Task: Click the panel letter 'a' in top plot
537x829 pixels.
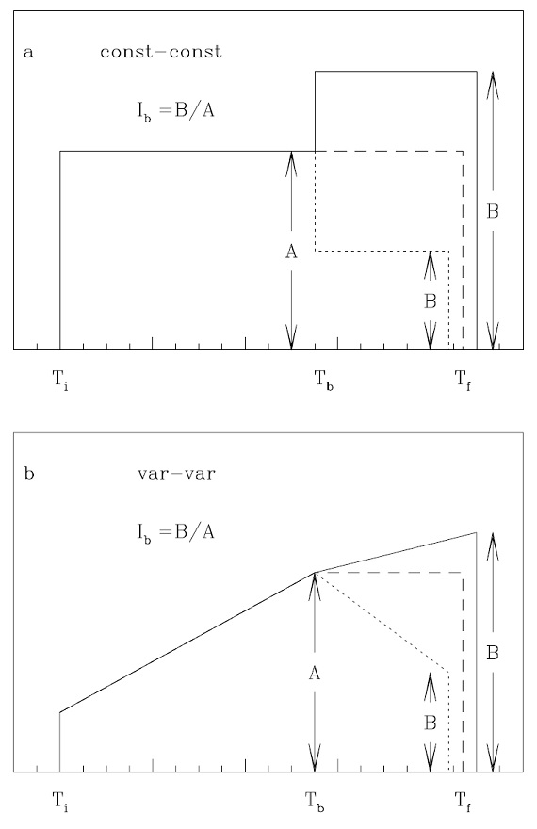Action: pyautogui.click(x=28, y=53)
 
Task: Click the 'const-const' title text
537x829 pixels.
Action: pyautogui.click(x=161, y=52)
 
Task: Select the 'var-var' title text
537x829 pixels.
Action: pyautogui.click(x=176, y=473)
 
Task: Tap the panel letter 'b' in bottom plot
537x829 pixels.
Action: pyautogui.click(x=29, y=472)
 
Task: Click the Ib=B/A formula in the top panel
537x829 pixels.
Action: pyautogui.click(x=175, y=111)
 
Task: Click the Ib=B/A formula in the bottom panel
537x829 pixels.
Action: pyautogui.click(x=175, y=532)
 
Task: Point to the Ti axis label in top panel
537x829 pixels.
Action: pyautogui.click(x=60, y=381)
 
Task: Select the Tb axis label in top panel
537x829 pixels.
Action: pyautogui.click(x=324, y=381)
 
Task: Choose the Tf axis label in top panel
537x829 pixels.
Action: pyautogui.click(x=463, y=381)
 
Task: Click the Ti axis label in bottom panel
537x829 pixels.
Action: pyautogui.click(x=60, y=802)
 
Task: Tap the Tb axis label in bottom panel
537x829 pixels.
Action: pyautogui.click(x=315, y=802)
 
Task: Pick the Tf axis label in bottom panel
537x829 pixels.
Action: pyautogui.click(x=463, y=802)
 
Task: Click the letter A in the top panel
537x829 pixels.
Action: pyautogui.click(x=291, y=252)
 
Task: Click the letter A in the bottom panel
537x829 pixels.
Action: pyautogui.click(x=315, y=674)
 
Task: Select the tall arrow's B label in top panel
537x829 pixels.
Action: pyautogui.click(x=493, y=211)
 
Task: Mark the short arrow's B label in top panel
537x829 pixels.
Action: pyautogui.click(x=431, y=301)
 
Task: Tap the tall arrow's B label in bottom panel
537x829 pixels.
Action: pyautogui.click(x=493, y=653)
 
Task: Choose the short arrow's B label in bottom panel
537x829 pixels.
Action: pyautogui.click(x=431, y=723)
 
